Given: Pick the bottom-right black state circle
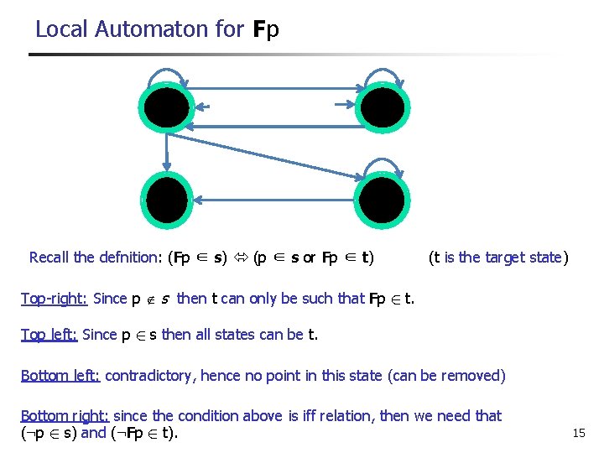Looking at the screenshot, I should (383, 200).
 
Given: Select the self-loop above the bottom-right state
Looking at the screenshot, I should (383, 164).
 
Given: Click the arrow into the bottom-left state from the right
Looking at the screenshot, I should (277, 200).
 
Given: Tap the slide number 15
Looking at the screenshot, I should (578, 433).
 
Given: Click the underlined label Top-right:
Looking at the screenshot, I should (54, 298).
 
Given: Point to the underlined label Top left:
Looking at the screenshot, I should (49, 335).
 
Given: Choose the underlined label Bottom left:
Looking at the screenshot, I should (60, 375).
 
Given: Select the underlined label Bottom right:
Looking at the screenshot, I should (65, 415).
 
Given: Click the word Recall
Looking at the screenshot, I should (49, 258).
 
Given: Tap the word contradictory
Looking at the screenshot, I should (151, 375).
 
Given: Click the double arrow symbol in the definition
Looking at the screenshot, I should (241, 258).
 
